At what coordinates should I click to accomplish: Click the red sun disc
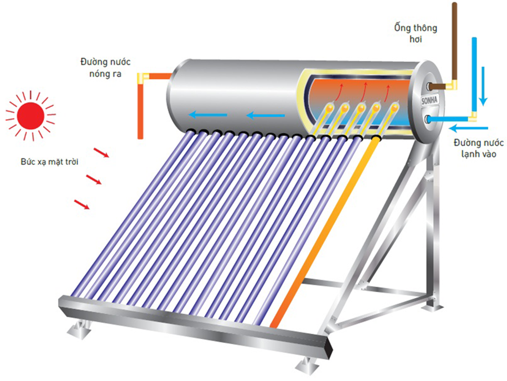[30, 116]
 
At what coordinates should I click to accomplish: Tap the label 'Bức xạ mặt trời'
[49, 162]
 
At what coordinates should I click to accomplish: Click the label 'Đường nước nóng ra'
[105, 68]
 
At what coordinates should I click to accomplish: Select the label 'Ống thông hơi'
[416, 33]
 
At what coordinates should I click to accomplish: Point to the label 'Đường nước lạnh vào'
[479, 148]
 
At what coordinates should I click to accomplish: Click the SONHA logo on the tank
[429, 100]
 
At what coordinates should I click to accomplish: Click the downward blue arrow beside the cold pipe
[483, 86]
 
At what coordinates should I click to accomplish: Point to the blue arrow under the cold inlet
[469, 128]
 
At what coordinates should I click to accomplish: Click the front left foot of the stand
[79, 329]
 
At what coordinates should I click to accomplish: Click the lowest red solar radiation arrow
[82, 204]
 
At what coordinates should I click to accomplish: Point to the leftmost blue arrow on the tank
[207, 114]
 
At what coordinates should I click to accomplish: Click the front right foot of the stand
[307, 367]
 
